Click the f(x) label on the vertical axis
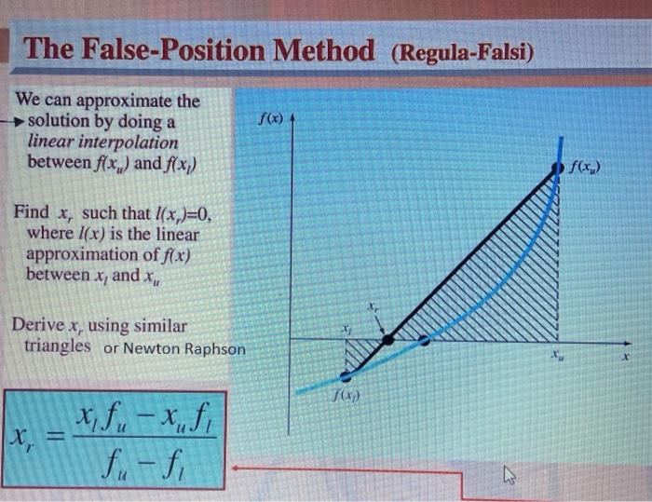(270, 119)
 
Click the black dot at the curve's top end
(559, 166)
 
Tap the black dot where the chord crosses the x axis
(388, 339)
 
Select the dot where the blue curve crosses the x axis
(424, 340)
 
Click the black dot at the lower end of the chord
(346, 375)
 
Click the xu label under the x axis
(555, 356)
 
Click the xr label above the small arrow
(372, 305)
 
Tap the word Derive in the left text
(38, 326)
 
